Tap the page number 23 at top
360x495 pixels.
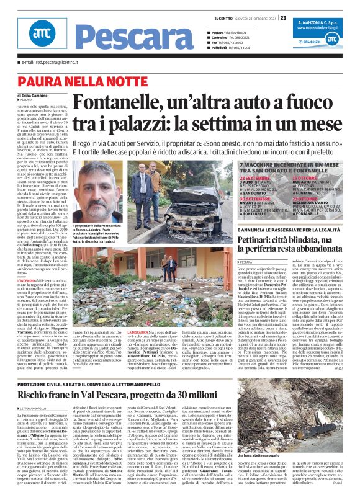[x=352, y=7]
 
